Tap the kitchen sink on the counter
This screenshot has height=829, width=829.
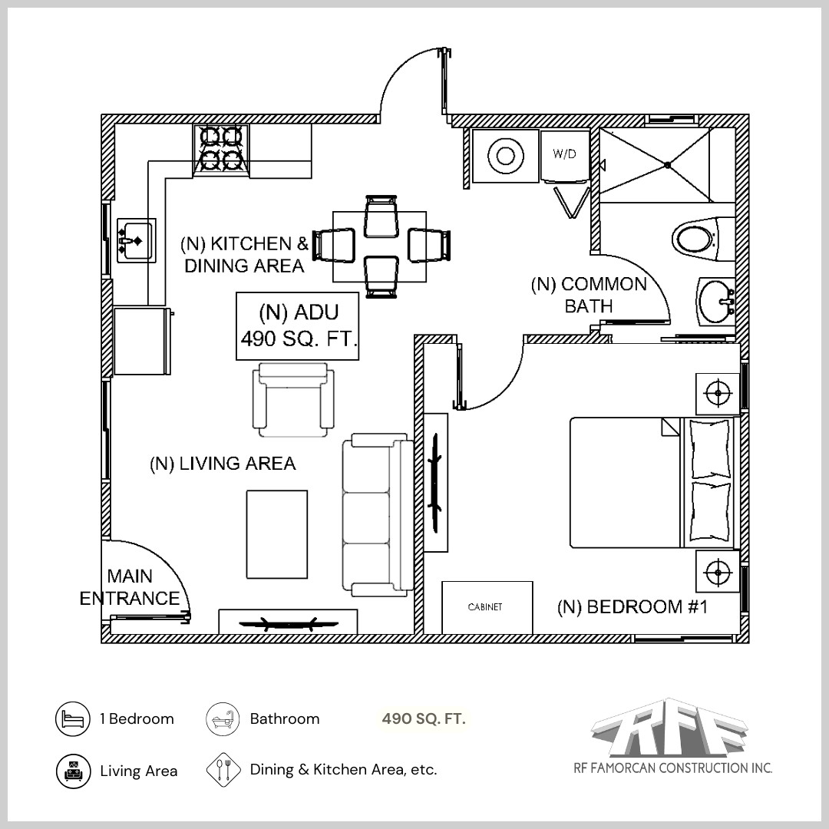click(x=136, y=240)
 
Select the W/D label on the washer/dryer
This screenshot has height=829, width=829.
click(x=564, y=154)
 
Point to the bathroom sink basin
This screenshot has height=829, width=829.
click(x=716, y=302)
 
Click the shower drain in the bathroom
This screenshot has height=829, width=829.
click(x=668, y=164)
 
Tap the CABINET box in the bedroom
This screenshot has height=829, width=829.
click(x=487, y=607)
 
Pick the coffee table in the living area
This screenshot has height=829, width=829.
click(x=276, y=534)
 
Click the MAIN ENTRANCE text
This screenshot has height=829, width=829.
click(x=130, y=587)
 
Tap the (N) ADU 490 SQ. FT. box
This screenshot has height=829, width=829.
click(x=298, y=325)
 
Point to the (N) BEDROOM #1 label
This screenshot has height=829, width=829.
click(x=631, y=607)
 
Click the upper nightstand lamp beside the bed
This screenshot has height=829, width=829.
click(x=718, y=393)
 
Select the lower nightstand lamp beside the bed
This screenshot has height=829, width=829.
click(x=718, y=572)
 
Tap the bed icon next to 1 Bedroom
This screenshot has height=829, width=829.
click(x=73, y=719)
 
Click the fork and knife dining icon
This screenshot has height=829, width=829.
click(x=223, y=769)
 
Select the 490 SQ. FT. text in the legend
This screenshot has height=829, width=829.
click(x=424, y=719)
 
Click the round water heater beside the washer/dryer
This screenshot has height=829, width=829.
click(x=505, y=156)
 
